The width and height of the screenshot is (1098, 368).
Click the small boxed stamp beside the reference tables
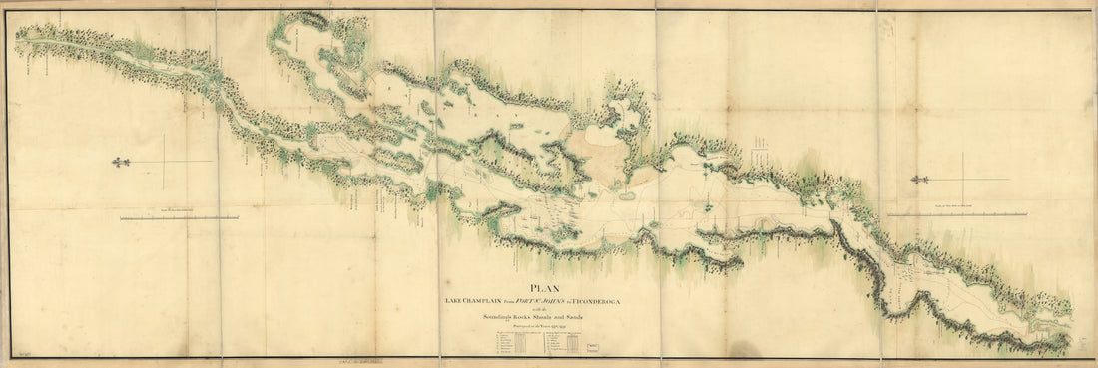(597, 343)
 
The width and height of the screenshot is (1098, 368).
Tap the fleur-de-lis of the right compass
(920, 180)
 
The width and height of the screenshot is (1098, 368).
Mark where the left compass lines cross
(164, 162)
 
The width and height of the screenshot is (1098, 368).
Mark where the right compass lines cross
(963, 180)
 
